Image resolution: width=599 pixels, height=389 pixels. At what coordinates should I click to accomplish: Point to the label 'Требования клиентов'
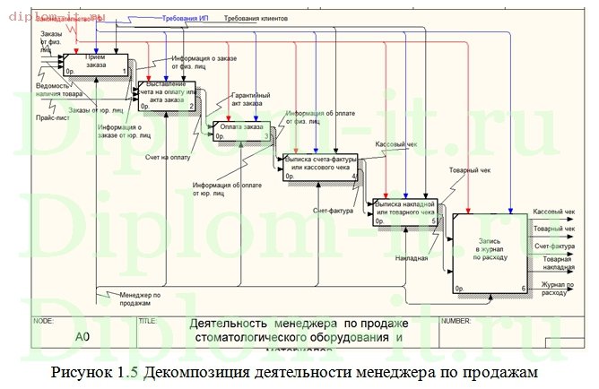(x=256, y=18)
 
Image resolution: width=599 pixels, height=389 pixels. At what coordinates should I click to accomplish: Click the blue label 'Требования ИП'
(x=187, y=18)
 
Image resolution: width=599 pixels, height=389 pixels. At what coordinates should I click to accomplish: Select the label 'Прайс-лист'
(x=50, y=117)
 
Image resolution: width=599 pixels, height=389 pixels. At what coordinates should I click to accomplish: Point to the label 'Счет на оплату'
(x=168, y=156)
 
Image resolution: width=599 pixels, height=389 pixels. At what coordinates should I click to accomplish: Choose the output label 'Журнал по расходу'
(x=553, y=288)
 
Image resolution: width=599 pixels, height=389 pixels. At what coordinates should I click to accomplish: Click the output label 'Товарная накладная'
(x=558, y=263)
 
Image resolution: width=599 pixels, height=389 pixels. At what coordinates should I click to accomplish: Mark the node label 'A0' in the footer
(x=82, y=337)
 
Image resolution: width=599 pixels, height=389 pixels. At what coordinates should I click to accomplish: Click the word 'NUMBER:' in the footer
(x=456, y=320)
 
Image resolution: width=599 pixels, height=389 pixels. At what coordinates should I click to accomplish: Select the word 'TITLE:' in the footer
(x=148, y=320)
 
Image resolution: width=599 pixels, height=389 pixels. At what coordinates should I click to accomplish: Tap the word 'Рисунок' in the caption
(x=83, y=371)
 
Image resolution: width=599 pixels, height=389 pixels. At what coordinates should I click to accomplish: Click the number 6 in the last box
(x=523, y=289)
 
